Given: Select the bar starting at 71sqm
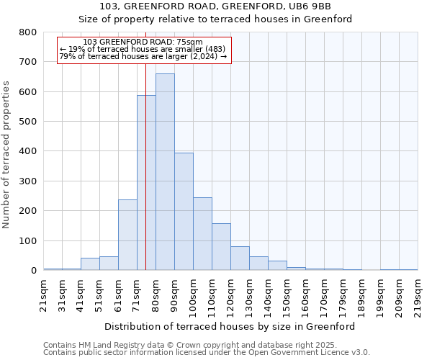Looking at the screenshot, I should point(146,183).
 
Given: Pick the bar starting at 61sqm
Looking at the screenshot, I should point(127,235).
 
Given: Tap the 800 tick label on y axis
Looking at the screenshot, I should point(28,32).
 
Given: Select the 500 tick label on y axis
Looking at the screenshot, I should point(28,122).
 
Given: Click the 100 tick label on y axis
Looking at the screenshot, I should point(28,241).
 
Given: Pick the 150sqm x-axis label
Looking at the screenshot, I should point(287,295).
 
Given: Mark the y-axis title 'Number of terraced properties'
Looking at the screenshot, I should point(6,154).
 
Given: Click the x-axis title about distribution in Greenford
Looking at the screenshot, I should point(230,326).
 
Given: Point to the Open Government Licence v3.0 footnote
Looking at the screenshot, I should point(207,352).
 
